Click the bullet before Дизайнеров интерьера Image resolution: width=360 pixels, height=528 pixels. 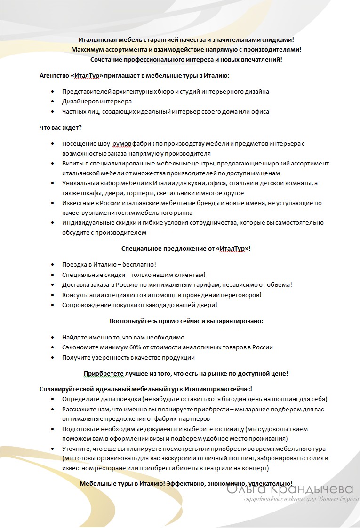pos(52,102)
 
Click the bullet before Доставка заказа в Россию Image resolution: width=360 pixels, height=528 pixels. pos(52,285)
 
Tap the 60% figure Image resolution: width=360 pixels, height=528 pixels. pos(128,347)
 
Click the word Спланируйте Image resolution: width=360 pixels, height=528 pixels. pos(59,389)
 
